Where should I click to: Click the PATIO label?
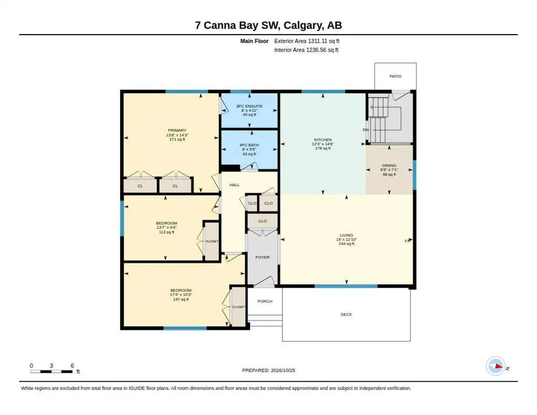[x=395, y=76]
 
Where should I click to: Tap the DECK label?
[x=346, y=314]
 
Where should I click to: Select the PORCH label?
[x=265, y=301]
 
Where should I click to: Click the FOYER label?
[x=263, y=257]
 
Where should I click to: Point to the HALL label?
[x=234, y=185]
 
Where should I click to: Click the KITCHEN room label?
[x=323, y=140]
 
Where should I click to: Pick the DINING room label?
[x=389, y=165]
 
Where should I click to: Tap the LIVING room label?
[x=346, y=235]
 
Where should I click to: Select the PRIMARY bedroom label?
[x=177, y=130]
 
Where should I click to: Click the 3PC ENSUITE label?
[x=250, y=106]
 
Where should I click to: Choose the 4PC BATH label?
[x=250, y=145]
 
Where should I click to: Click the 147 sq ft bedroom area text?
[x=181, y=299]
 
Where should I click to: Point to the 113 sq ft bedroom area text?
[x=166, y=232]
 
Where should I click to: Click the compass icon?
[x=495, y=366]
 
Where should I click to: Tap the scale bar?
[x=51, y=371]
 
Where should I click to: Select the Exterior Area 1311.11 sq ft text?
[x=307, y=41]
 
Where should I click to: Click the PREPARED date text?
[x=268, y=370]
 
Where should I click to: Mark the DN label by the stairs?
[x=365, y=130]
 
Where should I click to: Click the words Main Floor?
[x=254, y=41]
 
